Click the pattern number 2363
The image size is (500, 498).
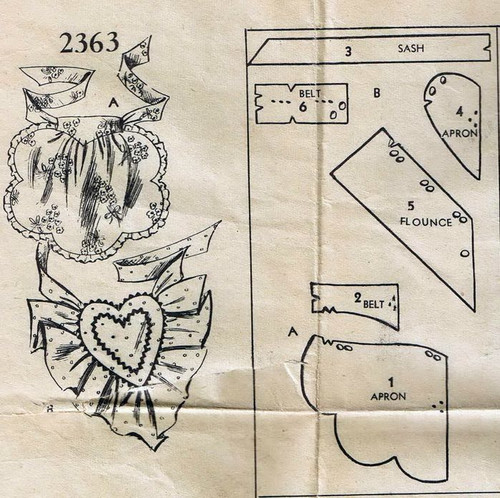pos(89,42)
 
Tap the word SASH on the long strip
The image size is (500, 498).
pos(411,48)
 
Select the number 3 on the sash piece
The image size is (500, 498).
pos(348,51)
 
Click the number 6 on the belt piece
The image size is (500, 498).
pos(303,107)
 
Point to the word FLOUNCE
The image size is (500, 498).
pos(426,222)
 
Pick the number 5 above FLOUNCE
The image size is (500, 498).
pos(411,206)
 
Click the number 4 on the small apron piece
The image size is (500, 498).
pos(460,112)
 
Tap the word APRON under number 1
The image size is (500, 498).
pos(388,396)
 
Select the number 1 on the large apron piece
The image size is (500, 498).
pos(391,382)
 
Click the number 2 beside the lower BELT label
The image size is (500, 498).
pos(358,298)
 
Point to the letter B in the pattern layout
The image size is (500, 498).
pos(377,93)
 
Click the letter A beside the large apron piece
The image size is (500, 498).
pos(293,332)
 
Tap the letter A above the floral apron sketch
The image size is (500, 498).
pos(114,103)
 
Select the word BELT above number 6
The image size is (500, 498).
pos(310,94)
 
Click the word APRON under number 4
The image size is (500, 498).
pos(460,134)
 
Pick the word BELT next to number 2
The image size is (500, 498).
pos(374,304)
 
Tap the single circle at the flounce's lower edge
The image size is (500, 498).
pos(465,254)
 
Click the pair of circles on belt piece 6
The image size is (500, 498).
pos(338,110)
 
